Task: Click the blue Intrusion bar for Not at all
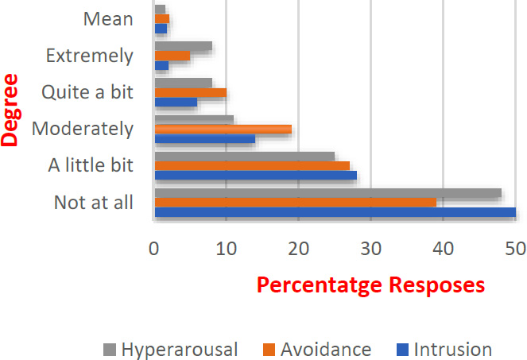point(335,212)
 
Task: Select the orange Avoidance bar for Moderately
point(223,129)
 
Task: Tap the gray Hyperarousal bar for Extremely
point(184,46)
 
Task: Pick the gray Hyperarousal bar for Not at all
point(328,193)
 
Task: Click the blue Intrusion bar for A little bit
point(256,175)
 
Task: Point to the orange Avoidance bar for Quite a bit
point(191,92)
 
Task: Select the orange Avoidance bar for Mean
point(162,19)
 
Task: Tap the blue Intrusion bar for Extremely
point(161,65)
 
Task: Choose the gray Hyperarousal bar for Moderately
point(194,120)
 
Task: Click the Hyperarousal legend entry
point(170,350)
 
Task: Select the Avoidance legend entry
point(317,350)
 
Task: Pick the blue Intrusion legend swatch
point(403,350)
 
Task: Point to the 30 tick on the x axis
point(371,249)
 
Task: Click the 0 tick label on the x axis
point(154,249)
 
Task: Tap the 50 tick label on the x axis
point(516,249)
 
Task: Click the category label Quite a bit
point(87,91)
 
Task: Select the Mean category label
point(108,19)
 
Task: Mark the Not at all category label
point(94,203)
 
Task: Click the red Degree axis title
point(9,110)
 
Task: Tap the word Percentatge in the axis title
point(320,285)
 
